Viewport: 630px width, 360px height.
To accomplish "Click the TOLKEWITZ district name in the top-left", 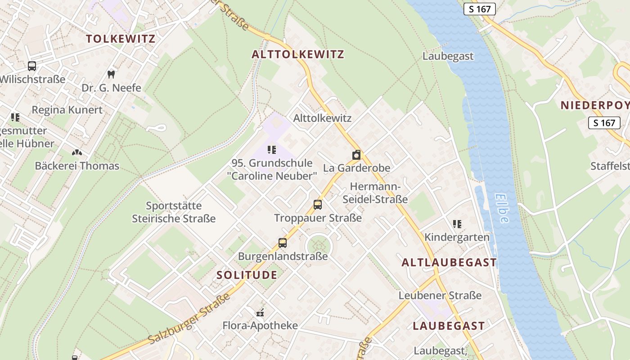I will [x=121, y=39].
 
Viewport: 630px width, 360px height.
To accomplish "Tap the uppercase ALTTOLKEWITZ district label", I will [x=298, y=54].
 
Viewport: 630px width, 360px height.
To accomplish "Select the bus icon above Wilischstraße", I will [x=32, y=66].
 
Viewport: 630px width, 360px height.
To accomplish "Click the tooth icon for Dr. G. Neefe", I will [x=111, y=74].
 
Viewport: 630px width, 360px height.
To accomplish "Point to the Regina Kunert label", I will [x=67, y=110].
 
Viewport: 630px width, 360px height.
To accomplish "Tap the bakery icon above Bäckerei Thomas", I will [x=77, y=153].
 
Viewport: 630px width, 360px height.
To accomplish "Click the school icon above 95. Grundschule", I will [x=271, y=149].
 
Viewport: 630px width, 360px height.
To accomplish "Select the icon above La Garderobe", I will [x=356, y=155].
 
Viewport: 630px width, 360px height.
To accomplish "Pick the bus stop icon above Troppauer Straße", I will [x=318, y=205].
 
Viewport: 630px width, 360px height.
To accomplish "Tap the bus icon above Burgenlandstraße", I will [x=283, y=243].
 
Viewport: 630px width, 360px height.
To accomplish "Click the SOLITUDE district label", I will [x=247, y=275].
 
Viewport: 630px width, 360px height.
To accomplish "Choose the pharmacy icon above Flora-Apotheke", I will [x=260, y=312].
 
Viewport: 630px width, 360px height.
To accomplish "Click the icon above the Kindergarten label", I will [x=457, y=224].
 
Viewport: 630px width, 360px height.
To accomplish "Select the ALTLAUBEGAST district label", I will [x=449, y=263].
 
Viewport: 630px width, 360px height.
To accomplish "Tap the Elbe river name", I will [x=503, y=208].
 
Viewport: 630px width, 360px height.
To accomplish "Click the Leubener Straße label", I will [x=440, y=296].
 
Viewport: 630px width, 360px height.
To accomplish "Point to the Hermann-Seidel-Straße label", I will [x=375, y=193].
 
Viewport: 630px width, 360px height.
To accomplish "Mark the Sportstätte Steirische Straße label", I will [x=174, y=212].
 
